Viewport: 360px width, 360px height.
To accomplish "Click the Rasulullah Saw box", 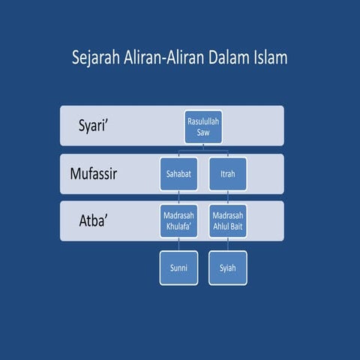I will coord(203,127).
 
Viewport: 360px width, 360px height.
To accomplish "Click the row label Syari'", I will coord(97,125).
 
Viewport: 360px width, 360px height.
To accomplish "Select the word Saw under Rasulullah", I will coord(203,132).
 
